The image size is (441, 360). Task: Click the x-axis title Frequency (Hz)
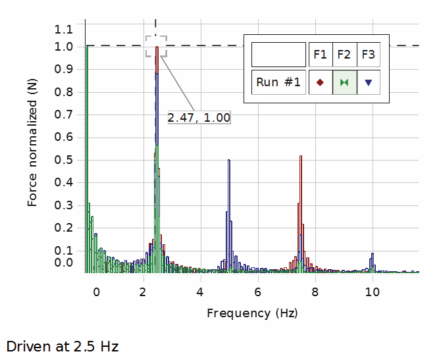(252, 313)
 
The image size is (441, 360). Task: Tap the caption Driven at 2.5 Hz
(63, 346)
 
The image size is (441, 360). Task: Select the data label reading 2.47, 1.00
(199, 118)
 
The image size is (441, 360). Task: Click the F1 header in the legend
(321, 54)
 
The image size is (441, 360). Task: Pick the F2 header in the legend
(344, 54)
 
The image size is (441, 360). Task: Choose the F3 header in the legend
(369, 54)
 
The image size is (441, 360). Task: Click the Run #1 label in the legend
(278, 82)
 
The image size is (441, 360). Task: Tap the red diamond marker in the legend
(321, 82)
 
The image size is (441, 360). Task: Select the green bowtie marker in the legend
(344, 82)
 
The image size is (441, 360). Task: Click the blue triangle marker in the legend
(369, 82)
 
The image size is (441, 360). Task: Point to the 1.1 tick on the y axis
(65, 29)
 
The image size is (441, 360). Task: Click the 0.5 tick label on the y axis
(65, 160)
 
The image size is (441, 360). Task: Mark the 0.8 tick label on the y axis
(65, 92)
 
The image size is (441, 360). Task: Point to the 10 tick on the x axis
(373, 292)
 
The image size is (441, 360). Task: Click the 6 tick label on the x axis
(258, 292)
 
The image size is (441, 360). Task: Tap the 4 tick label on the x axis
(200, 292)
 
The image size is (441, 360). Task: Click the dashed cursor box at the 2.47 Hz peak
(156, 47)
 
